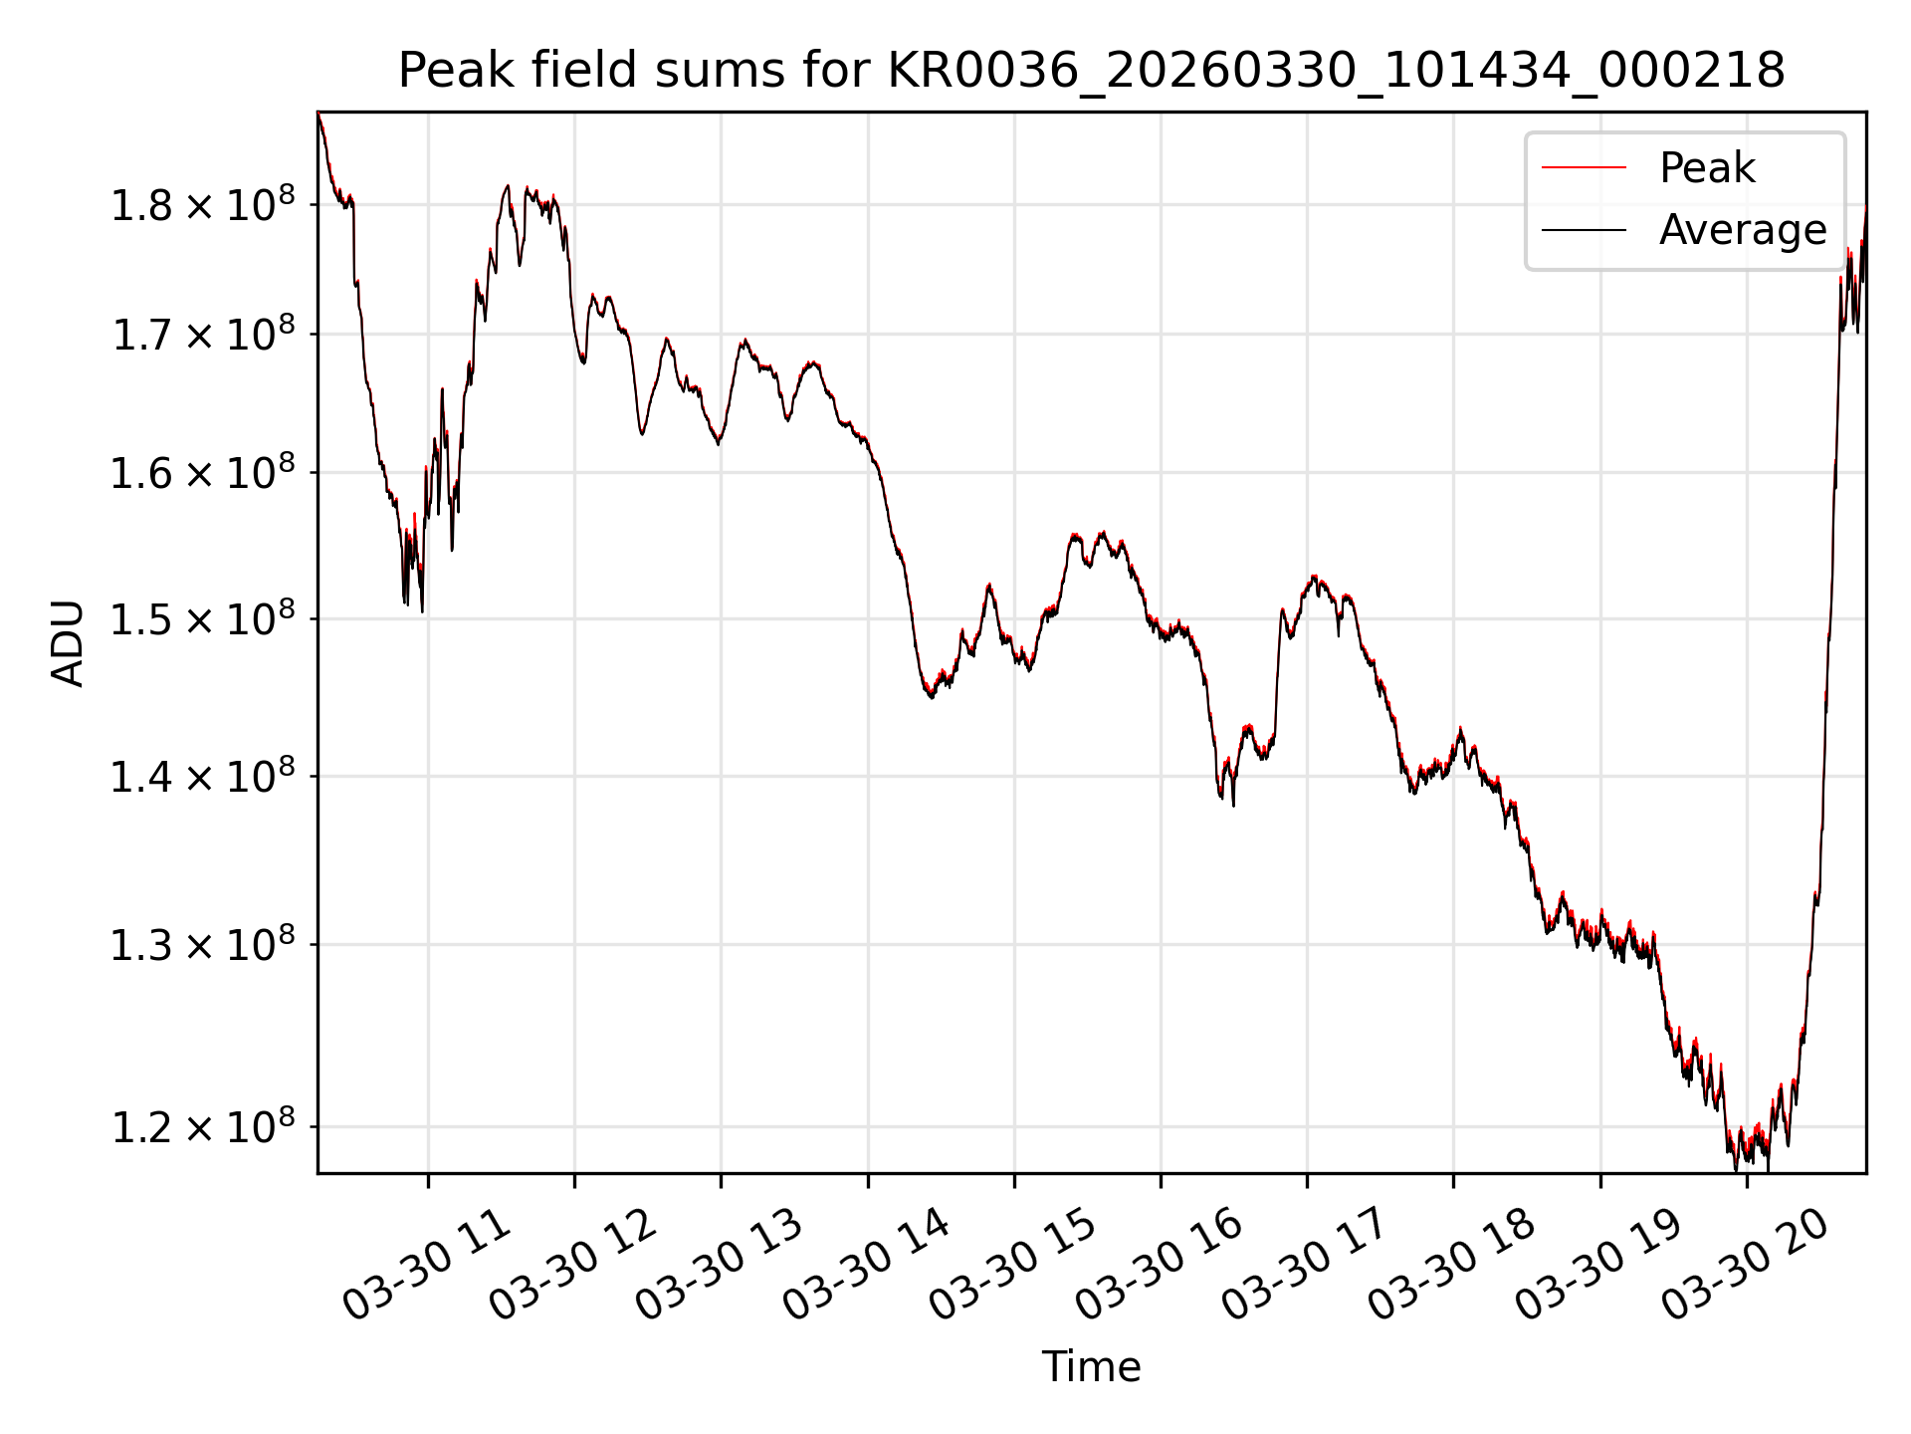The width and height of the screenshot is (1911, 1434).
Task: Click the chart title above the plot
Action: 1091,71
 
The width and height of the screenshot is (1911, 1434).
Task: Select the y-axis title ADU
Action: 68,643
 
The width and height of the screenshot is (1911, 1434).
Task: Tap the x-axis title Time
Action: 1091,1367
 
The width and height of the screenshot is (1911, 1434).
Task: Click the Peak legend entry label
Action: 1707,167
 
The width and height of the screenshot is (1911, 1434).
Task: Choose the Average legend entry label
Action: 1743,230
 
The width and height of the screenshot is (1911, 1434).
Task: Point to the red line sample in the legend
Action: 1584,168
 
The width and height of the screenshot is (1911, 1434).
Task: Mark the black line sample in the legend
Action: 1584,230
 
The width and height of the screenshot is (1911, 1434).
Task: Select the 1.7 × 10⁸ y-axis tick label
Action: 203,334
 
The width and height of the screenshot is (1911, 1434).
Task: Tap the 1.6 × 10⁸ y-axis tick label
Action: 203,472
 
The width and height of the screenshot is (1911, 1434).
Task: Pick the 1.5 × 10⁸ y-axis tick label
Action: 203,618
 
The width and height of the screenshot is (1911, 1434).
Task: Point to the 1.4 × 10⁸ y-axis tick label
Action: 203,776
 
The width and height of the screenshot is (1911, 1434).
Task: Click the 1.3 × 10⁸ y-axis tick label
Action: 203,944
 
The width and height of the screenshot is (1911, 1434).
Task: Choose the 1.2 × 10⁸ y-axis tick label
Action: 203,1126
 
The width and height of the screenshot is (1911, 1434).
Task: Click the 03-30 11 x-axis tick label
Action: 427,1265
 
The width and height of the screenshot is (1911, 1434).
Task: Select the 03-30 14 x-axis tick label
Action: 867,1265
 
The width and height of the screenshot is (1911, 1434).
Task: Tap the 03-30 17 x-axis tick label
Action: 1306,1265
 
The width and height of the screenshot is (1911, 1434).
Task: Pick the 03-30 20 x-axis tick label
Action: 1746,1265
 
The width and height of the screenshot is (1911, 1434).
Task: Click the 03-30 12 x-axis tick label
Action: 573,1265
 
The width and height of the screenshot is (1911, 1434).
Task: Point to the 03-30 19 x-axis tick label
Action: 1599,1265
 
